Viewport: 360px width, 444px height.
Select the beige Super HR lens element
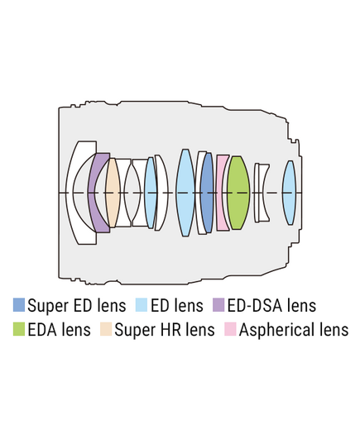pos(113,193)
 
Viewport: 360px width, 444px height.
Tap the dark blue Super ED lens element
pos(207,193)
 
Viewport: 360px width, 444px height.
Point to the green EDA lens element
pos(238,193)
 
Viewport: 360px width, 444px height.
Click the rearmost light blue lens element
pos(290,193)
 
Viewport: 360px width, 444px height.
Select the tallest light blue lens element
pos(185,193)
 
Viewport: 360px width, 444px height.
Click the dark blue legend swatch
pos(19,305)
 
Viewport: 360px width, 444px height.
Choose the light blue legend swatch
pos(142,305)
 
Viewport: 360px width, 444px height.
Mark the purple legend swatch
pos(218,305)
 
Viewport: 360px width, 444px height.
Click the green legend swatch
pos(19,329)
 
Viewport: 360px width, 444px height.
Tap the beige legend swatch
pos(106,329)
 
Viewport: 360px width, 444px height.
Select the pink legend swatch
pos(230,329)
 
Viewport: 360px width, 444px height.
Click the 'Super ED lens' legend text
pos(77,305)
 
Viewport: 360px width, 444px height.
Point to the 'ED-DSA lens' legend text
pos(271,305)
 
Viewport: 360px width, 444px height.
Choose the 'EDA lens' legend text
pos(60,330)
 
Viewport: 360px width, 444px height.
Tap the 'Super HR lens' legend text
pos(165,330)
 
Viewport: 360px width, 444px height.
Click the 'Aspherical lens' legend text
pos(294,330)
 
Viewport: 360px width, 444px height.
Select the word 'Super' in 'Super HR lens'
pos(132,331)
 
